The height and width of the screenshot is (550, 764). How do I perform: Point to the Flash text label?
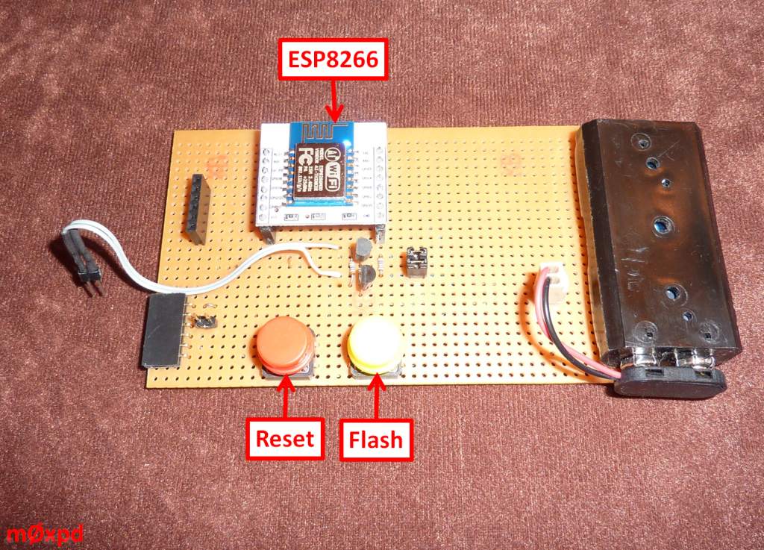point(376,438)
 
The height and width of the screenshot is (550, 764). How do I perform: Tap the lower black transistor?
point(367,277)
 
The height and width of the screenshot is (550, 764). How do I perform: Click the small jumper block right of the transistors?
point(414,263)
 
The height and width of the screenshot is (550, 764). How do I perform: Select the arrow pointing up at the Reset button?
point(287,399)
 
